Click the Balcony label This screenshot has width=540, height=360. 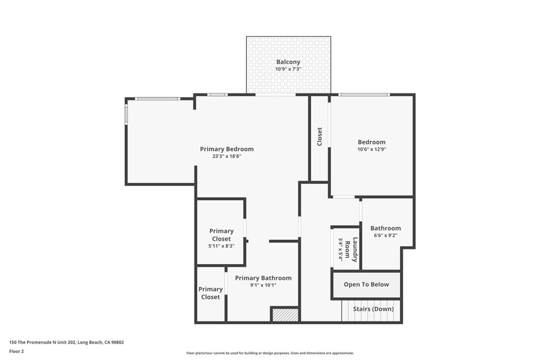pyautogui.click(x=288, y=62)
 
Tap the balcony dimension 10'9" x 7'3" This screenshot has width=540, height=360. pyautogui.click(x=288, y=70)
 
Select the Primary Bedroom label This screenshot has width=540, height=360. pyautogui.click(x=227, y=149)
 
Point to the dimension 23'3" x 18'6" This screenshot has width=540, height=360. pyautogui.click(x=227, y=157)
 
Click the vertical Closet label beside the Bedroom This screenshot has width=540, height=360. pyautogui.click(x=320, y=137)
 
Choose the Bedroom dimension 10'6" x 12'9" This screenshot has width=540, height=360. pyautogui.click(x=371, y=149)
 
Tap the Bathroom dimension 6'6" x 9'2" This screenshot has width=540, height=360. pyautogui.click(x=385, y=236)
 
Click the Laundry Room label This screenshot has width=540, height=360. pyautogui.click(x=355, y=249)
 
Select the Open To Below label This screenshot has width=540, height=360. pyautogui.click(x=366, y=285)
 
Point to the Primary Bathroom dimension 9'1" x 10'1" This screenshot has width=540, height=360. pyautogui.click(x=263, y=285)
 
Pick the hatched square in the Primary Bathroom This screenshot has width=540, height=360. pyautogui.click(x=285, y=315)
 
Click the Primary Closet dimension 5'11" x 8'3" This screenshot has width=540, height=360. pyautogui.click(x=221, y=246)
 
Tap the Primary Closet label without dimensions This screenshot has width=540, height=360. pyautogui.click(x=210, y=293)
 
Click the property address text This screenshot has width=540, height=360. pyautogui.click(x=66, y=342)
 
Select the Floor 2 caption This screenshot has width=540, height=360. pyautogui.click(x=16, y=351)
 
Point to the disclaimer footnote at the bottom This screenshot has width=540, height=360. pyautogui.click(x=269, y=353)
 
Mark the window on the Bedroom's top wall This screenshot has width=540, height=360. pyautogui.click(x=364, y=95)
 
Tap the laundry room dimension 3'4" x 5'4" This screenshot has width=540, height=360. pyautogui.click(x=341, y=249)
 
